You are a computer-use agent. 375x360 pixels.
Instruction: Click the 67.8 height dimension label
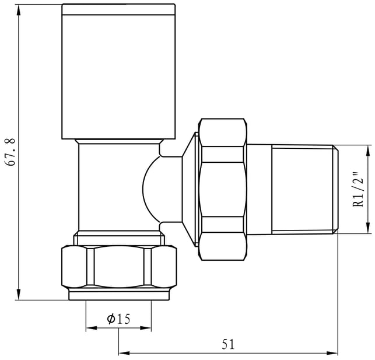coord(10,152)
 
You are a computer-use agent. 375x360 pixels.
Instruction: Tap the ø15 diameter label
coord(118,319)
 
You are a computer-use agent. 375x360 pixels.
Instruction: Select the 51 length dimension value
coord(229,345)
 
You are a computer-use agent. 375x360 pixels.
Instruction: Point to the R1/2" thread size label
coord(358,190)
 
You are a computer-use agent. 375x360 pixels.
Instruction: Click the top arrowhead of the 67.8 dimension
coord(19,10)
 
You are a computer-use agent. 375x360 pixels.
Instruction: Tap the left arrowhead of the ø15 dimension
coord(92,328)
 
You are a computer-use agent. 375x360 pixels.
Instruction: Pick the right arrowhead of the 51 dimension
coord(332,353)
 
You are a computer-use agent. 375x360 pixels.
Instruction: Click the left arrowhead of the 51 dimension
coord(124,353)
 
